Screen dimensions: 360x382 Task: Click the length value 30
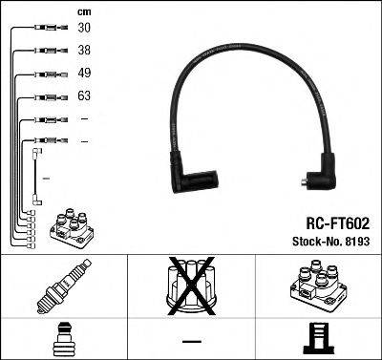[84, 29]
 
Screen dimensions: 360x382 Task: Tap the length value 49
[84, 74]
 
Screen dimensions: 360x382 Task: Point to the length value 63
[84, 96]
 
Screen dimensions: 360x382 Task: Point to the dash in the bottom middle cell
[191, 341]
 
